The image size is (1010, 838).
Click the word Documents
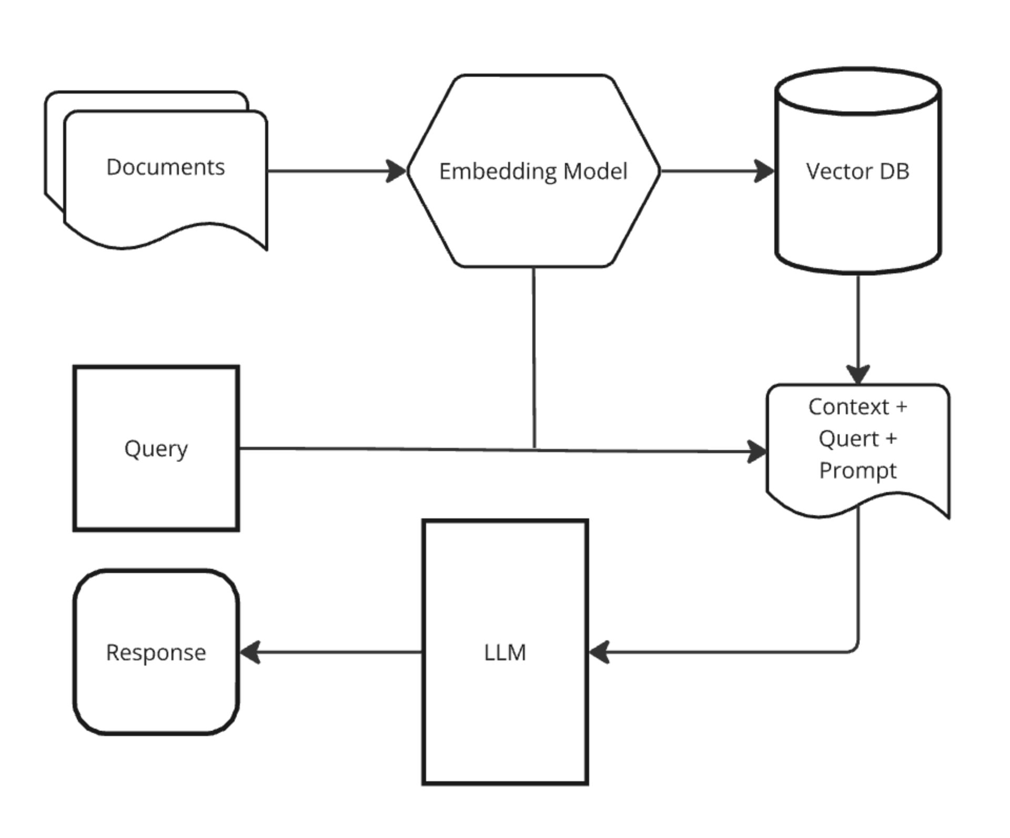(x=165, y=167)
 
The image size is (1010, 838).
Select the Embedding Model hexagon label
(x=533, y=171)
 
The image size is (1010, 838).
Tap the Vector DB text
(x=857, y=171)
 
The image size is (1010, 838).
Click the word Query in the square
(x=156, y=448)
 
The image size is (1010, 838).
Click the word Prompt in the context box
(x=857, y=470)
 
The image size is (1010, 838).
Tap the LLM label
(x=504, y=652)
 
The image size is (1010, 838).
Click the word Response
(x=156, y=652)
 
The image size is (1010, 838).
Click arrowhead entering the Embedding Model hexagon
(x=397, y=171)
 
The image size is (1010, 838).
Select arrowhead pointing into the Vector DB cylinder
(x=764, y=171)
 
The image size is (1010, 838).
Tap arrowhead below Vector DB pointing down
(x=858, y=374)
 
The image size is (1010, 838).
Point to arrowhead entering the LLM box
(x=599, y=652)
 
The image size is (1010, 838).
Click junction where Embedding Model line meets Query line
(x=535, y=449)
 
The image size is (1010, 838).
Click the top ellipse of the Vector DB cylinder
(x=857, y=90)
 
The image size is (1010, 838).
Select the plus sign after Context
(x=901, y=407)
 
